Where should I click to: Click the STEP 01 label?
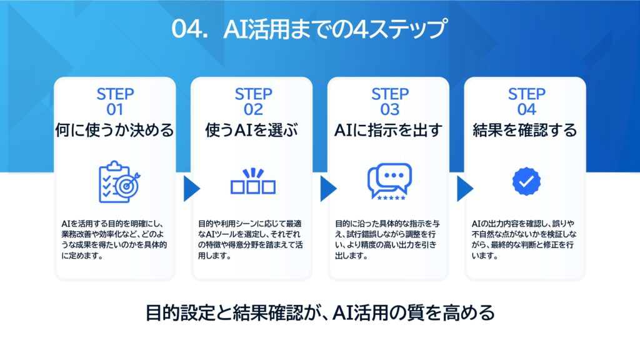115,102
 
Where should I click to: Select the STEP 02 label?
253,102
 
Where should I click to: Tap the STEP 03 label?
389,102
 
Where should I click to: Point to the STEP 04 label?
526,102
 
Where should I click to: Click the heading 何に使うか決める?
115,131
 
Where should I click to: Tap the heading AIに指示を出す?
389,131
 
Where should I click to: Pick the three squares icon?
252,181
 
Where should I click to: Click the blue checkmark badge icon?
526,182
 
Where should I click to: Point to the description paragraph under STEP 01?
114,239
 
